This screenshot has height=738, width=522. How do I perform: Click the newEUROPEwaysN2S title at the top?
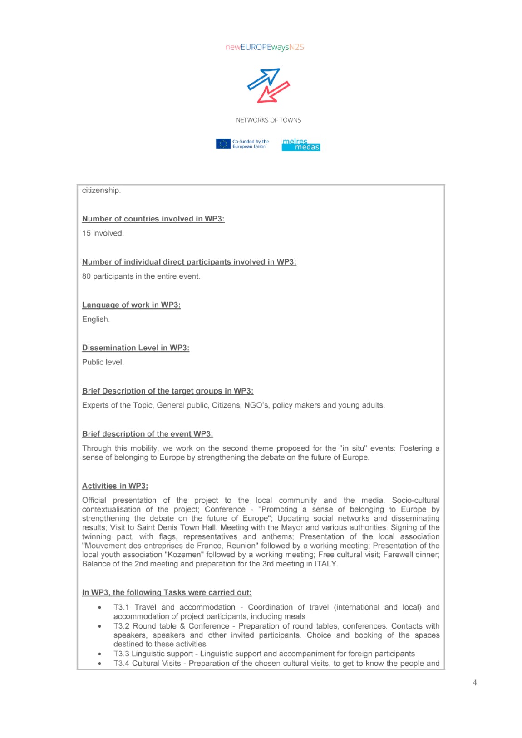pos(265,47)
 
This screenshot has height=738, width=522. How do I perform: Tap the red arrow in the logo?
pos(273,92)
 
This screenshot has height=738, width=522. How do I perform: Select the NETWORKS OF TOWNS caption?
pos(268,120)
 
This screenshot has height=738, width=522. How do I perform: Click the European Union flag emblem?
pos(223,144)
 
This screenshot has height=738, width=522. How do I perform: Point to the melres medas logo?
pos(301,145)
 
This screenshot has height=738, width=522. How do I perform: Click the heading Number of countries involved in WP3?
pos(153,219)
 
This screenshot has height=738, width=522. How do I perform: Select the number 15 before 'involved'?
pos(86,233)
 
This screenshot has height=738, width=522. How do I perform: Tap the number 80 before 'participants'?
pos(86,276)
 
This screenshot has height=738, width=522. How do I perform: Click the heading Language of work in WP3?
pos(131,305)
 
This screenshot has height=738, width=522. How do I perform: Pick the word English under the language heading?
pos(95,320)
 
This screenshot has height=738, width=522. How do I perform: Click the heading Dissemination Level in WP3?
pos(135,348)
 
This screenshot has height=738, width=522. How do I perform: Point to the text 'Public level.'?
pos(103,362)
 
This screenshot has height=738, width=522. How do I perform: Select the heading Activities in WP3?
pos(115,486)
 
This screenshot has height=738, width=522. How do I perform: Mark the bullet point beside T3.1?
pos(100,608)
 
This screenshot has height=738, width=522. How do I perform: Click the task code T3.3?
pos(121,654)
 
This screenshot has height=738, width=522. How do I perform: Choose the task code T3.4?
pos(121,664)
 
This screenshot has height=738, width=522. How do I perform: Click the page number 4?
pos(475,683)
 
